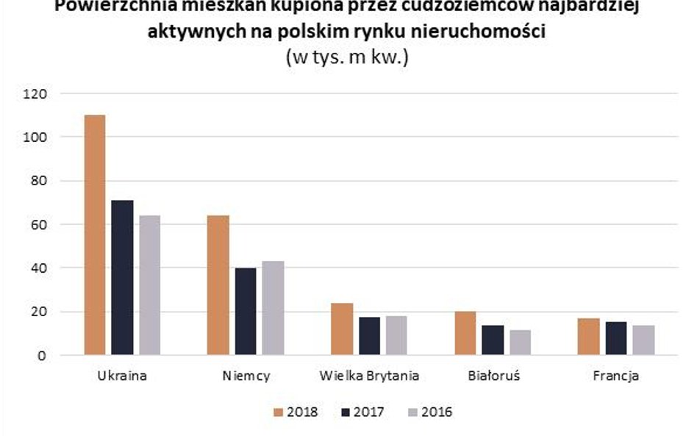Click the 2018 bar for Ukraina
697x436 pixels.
(95, 235)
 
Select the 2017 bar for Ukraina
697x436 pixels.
(122, 278)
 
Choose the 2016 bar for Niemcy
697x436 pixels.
(273, 308)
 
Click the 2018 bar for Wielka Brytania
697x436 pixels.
(342, 329)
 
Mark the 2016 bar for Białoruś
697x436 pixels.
(520, 343)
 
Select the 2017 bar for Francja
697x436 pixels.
(616, 338)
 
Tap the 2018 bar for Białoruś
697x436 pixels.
(465, 333)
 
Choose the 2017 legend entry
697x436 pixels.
(361, 412)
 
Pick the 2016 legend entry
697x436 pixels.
(429, 412)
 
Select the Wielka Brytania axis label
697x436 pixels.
(369, 376)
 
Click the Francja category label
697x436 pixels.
(615, 376)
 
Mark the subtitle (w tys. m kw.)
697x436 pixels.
(346, 58)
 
